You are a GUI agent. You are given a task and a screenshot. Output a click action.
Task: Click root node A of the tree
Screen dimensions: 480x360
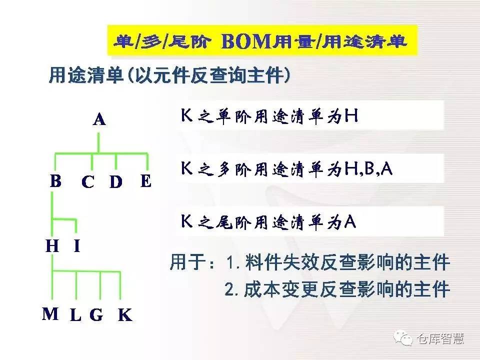[x=99, y=119]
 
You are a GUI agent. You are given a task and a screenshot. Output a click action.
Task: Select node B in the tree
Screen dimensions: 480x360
[x=55, y=180]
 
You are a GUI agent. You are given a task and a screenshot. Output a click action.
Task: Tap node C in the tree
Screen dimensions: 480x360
[x=88, y=182]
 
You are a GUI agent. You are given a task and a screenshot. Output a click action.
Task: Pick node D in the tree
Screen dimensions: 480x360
[x=116, y=182]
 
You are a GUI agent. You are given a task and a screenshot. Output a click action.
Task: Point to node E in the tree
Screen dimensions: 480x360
[x=146, y=180]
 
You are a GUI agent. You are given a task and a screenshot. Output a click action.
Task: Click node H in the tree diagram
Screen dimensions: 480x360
[x=52, y=246]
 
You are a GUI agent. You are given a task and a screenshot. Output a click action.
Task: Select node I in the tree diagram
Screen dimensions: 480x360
[x=77, y=246]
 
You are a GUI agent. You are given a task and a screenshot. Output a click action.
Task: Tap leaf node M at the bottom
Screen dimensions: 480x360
[x=50, y=314]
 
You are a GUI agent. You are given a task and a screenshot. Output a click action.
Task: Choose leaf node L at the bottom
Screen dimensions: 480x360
[x=75, y=315]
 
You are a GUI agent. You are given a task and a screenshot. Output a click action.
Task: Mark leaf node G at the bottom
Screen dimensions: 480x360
[x=96, y=315]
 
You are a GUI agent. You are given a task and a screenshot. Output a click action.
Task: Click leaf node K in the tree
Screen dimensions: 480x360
[x=125, y=315]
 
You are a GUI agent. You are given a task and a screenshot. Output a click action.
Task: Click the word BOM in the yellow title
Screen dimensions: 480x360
[x=246, y=41]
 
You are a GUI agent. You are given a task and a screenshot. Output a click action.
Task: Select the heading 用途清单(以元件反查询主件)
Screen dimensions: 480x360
[x=169, y=75]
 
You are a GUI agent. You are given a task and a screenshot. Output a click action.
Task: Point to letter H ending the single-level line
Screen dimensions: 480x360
[x=351, y=115]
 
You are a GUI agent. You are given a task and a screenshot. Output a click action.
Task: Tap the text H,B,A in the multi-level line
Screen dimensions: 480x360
[x=368, y=168]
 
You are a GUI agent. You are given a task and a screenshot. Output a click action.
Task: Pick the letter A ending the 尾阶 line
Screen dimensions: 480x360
[x=350, y=221]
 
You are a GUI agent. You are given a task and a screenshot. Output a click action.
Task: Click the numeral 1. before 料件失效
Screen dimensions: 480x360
[x=232, y=262]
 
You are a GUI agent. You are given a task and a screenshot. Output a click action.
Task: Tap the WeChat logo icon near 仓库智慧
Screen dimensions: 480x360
[x=403, y=338]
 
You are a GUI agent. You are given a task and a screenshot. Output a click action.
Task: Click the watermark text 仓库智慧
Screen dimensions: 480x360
[x=440, y=339]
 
